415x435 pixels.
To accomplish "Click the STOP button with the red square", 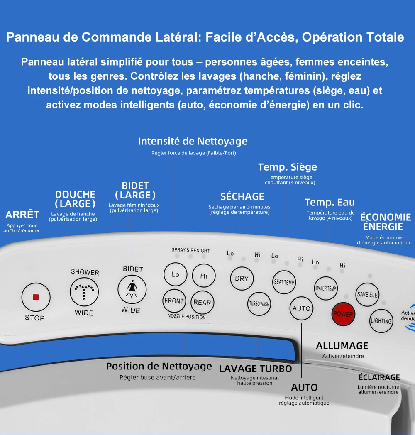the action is click(x=36, y=297).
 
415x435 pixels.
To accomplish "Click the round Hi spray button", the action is click(x=204, y=276).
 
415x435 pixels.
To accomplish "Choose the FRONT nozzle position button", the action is click(x=174, y=301).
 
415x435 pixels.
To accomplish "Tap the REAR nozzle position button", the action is click(x=202, y=302).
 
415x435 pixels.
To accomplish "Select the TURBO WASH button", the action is click(x=259, y=304).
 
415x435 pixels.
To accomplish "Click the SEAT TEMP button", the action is click(x=284, y=282).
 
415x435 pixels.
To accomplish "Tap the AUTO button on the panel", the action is click(x=301, y=308).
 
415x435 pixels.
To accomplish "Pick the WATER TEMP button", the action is click(x=326, y=288).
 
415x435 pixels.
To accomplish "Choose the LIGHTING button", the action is click(x=381, y=321).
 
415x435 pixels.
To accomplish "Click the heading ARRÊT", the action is click(x=22, y=215).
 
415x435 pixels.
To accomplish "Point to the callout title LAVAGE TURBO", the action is click(x=255, y=369).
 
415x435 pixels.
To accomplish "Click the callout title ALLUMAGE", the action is click(x=342, y=346).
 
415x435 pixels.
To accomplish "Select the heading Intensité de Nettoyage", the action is click(x=193, y=142).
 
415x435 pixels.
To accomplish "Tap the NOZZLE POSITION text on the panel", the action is click(x=186, y=317).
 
